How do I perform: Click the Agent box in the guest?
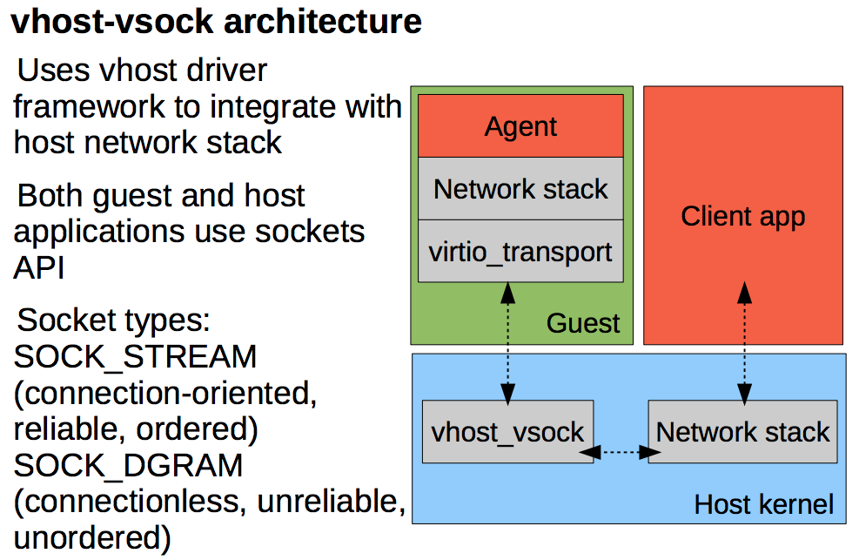click(x=520, y=126)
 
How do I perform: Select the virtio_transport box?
click(x=520, y=252)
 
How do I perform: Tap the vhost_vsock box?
click(x=508, y=432)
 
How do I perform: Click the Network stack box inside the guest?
click(x=520, y=189)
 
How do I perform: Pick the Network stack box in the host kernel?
click(x=743, y=432)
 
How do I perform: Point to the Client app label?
click(x=743, y=216)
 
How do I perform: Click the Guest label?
click(x=583, y=323)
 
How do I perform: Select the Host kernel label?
click(x=763, y=504)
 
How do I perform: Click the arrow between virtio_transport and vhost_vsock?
click(x=508, y=343)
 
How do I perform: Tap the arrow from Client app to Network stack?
click(x=744, y=343)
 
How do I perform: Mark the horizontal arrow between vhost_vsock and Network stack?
click(x=621, y=452)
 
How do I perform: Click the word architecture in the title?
click(x=323, y=22)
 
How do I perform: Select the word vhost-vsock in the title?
click(x=112, y=22)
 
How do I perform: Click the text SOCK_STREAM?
click(x=135, y=357)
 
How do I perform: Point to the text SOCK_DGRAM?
click(x=128, y=466)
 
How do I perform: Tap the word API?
click(x=39, y=267)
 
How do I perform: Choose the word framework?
click(x=90, y=106)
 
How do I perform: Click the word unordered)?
click(x=92, y=538)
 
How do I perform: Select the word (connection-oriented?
click(x=165, y=394)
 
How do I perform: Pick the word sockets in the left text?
click(x=310, y=232)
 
